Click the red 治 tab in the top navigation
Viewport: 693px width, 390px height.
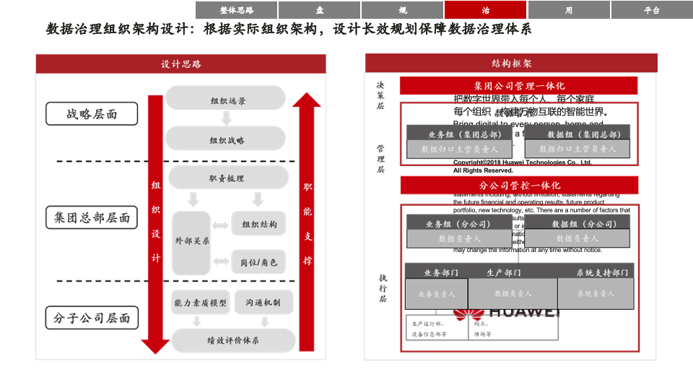pyautogui.click(x=485, y=10)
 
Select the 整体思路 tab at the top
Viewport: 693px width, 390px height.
pyautogui.click(x=237, y=10)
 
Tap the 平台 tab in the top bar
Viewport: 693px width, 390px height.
pyautogui.click(x=651, y=10)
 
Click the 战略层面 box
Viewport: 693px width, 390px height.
pyautogui.click(x=92, y=114)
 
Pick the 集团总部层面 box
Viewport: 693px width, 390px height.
pyautogui.click(x=92, y=217)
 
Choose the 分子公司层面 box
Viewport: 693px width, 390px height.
pyautogui.click(x=92, y=318)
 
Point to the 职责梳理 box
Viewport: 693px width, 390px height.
pyautogui.click(x=227, y=178)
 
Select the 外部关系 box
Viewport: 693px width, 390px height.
pyautogui.click(x=192, y=241)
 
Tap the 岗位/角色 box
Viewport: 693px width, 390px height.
pyautogui.click(x=258, y=262)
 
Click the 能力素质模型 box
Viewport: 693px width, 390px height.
pyautogui.click(x=200, y=303)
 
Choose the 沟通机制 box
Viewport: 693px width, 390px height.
pyautogui.click(x=263, y=303)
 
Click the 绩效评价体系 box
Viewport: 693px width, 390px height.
pyautogui.click(x=233, y=340)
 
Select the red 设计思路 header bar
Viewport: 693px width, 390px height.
pyautogui.click(x=181, y=64)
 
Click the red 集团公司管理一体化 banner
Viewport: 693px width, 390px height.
pyautogui.click(x=518, y=86)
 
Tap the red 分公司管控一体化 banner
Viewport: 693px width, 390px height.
pyautogui.click(x=518, y=186)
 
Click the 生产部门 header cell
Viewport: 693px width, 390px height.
pyautogui.click(x=503, y=272)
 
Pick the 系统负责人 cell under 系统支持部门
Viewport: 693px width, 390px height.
pyautogui.click(x=596, y=294)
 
